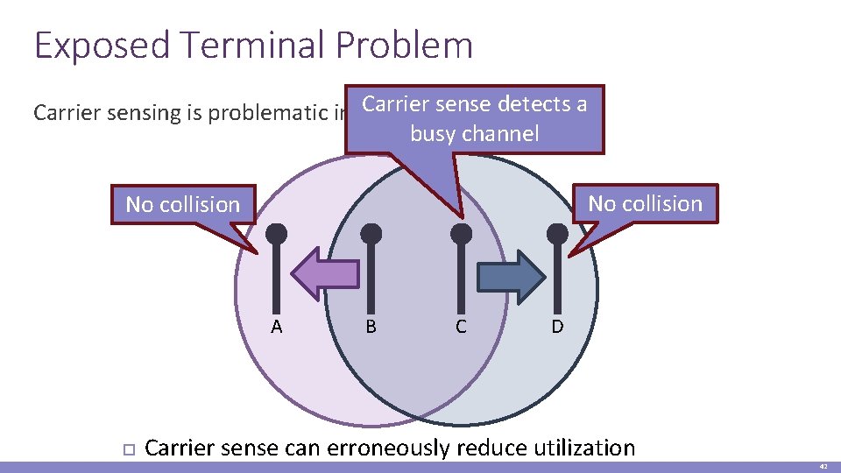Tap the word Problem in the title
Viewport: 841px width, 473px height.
410,46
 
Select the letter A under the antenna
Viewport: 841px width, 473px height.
277,328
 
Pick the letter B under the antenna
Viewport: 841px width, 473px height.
371,328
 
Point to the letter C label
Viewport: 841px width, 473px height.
461,328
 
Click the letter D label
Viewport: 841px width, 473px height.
557,328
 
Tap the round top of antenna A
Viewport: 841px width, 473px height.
276,234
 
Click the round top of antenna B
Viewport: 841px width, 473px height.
371,234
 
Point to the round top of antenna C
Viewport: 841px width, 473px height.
461,234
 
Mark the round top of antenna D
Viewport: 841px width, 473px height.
557,234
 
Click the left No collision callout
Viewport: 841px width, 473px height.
182,205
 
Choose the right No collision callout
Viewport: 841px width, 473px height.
645,204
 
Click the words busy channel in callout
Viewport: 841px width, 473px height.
474,134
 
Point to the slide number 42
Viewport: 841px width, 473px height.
824,468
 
